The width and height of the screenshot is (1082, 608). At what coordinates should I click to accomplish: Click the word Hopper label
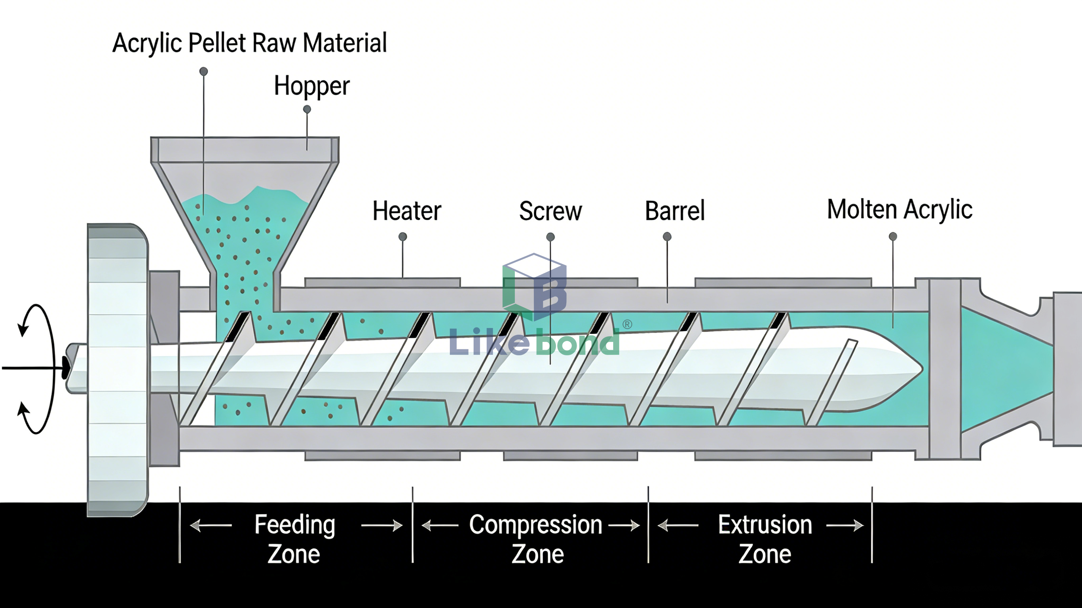pos(312,86)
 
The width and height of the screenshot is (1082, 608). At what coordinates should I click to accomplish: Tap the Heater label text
pos(407,211)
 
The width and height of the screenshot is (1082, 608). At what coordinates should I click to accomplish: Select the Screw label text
pos(550,211)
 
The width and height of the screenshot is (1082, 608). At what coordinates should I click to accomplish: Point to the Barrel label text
pos(675,211)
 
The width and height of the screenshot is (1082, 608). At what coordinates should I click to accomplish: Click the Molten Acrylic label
pos(899,209)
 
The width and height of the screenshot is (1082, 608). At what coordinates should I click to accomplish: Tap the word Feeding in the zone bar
pos(294,524)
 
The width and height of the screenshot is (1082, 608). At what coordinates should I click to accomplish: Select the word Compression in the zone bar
pos(535,524)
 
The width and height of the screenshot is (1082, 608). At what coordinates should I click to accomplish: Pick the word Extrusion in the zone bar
pos(765,524)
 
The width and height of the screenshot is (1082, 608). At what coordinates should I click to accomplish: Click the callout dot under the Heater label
pos(402,237)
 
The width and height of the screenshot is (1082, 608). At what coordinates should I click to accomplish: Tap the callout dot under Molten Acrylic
pos(893,237)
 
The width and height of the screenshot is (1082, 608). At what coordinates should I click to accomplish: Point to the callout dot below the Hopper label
pos(307,110)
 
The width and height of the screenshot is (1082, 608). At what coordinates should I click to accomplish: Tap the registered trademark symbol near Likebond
pos(627,324)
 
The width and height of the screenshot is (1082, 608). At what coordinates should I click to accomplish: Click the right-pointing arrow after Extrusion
pos(845,525)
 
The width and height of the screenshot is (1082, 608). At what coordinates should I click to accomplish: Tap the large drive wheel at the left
pos(117,370)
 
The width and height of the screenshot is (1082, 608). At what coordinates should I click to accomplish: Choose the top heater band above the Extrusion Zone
pos(783,282)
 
